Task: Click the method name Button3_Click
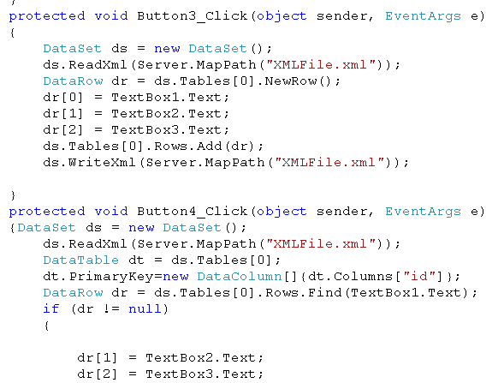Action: tap(193, 16)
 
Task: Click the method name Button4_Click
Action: tap(193, 212)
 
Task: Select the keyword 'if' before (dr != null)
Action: tap(51, 309)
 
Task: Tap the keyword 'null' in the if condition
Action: tap(145, 309)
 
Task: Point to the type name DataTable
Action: tap(81, 260)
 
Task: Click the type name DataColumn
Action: tap(240, 276)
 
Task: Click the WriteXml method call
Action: tap(102, 163)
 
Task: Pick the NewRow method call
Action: tap(291, 81)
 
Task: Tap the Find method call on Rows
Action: tap(324, 292)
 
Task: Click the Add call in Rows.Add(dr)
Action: tap(210, 147)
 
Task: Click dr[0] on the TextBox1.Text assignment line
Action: tap(63, 98)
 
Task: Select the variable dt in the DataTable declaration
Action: tap(136, 260)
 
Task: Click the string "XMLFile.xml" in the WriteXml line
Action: tap(329, 163)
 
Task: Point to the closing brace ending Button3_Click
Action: tap(13, 195)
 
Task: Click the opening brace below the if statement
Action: tap(47, 326)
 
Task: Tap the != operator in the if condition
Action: tap(111, 309)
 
